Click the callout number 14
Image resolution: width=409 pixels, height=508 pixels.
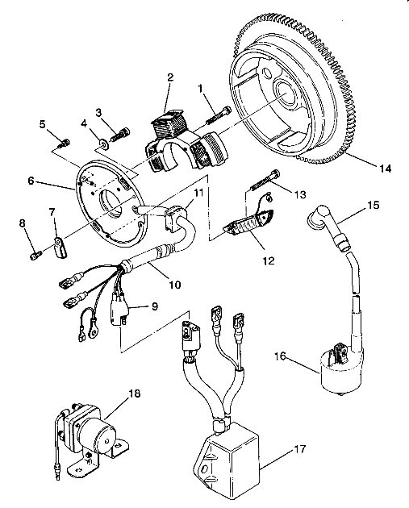click(385, 169)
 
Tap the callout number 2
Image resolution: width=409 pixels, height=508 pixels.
click(170, 77)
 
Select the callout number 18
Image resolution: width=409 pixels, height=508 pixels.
click(135, 393)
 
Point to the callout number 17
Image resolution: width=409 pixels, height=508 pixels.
click(300, 449)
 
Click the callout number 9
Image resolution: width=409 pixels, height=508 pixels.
click(155, 306)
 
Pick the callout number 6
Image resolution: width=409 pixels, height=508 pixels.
click(31, 181)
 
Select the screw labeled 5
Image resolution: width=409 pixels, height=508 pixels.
click(65, 144)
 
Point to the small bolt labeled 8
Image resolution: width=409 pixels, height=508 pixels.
click(35, 256)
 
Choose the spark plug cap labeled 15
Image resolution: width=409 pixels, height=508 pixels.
click(328, 229)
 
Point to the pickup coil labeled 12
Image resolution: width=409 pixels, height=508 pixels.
click(248, 222)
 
